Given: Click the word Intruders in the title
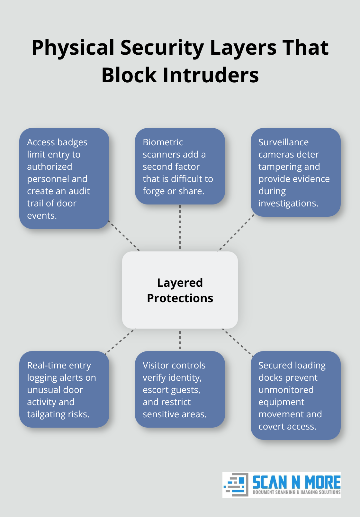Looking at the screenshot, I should [211, 75].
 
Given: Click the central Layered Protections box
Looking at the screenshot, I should [180, 290].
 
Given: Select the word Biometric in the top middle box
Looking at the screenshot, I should [163, 142].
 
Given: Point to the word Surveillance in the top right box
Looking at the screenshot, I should [283, 142].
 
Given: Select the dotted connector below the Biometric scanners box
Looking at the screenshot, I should [180, 227].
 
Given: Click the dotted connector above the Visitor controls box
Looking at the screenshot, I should [180, 340].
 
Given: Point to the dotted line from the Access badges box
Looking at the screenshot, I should [124, 236].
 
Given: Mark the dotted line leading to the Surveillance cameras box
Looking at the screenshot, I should [236, 233].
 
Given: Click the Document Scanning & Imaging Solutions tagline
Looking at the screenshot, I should [296, 492].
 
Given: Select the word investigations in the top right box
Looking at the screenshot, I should [288, 203].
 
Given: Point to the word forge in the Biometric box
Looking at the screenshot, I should [154, 191].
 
